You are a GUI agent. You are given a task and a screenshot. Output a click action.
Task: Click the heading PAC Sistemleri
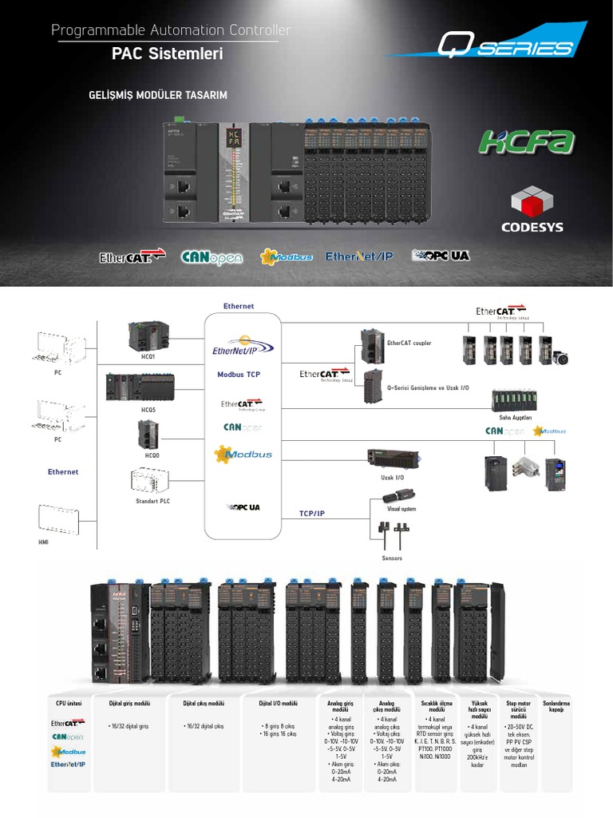click(x=167, y=54)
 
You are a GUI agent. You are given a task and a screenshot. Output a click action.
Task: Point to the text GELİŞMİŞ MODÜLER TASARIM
click(x=158, y=95)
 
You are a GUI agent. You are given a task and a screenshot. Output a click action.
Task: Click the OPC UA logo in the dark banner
click(x=440, y=256)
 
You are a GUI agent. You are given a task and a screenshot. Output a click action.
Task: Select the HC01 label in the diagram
click(x=148, y=356)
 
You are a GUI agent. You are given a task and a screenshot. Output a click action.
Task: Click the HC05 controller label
click(x=148, y=410)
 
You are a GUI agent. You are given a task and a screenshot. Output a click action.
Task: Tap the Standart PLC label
click(x=152, y=501)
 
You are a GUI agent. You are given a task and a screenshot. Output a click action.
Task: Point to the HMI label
click(x=44, y=542)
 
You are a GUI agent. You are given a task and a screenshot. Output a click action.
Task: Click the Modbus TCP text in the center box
click(x=239, y=374)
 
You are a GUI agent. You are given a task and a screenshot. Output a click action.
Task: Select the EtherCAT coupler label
click(x=409, y=343)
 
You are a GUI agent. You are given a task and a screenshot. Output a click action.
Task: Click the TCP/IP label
click(x=312, y=513)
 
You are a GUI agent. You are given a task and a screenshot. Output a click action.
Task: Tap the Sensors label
click(x=392, y=558)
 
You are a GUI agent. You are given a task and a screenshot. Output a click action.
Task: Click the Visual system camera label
click(x=401, y=508)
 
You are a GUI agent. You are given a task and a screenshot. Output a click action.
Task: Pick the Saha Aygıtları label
click(x=515, y=416)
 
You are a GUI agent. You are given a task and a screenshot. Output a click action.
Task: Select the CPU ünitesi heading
click(x=69, y=703)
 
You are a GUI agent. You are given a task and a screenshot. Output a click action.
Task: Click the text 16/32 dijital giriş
click(x=130, y=727)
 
